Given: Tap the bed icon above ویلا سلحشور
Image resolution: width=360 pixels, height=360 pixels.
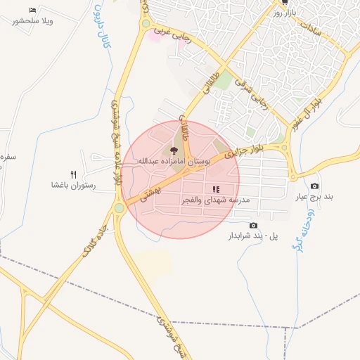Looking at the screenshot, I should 32,10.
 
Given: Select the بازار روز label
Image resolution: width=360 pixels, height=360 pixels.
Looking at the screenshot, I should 288,13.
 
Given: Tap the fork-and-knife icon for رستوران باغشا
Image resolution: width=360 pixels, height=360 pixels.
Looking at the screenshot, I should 72,174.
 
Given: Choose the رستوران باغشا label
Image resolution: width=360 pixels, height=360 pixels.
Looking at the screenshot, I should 73,186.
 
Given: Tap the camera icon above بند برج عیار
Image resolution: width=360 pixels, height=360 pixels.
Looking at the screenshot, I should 314,186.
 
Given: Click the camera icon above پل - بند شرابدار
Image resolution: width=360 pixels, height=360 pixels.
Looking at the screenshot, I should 253,225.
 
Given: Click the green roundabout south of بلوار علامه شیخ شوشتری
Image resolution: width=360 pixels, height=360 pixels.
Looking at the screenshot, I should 120,207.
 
